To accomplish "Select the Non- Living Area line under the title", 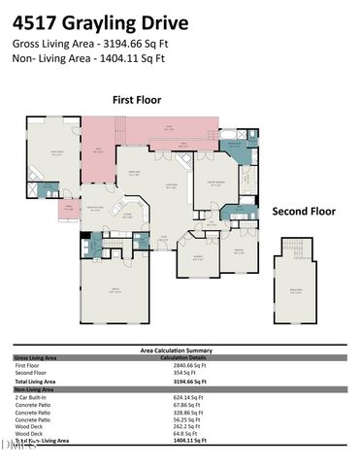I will (x=88, y=57).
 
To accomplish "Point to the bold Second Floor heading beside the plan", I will (x=303, y=211).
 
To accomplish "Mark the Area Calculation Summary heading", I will (x=180, y=350).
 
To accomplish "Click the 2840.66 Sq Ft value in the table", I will (x=183, y=364).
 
